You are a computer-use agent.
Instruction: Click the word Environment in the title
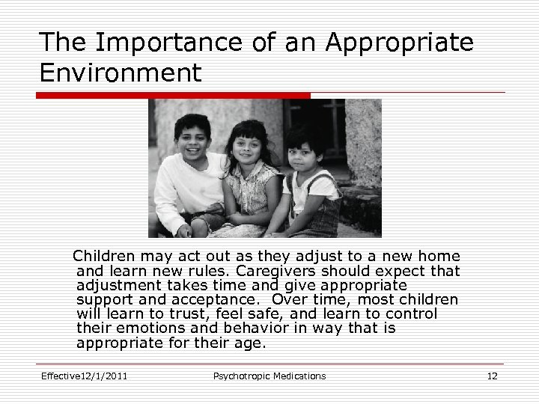(120, 73)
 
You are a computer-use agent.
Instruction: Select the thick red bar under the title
(174, 96)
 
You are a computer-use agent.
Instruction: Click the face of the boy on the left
(192, 137)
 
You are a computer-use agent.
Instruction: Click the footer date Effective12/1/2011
(84, 376)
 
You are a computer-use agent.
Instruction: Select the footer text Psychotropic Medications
(269, 376)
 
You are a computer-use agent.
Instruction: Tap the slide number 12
(492, 376)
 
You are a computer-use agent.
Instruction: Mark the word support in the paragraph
(104, 300)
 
